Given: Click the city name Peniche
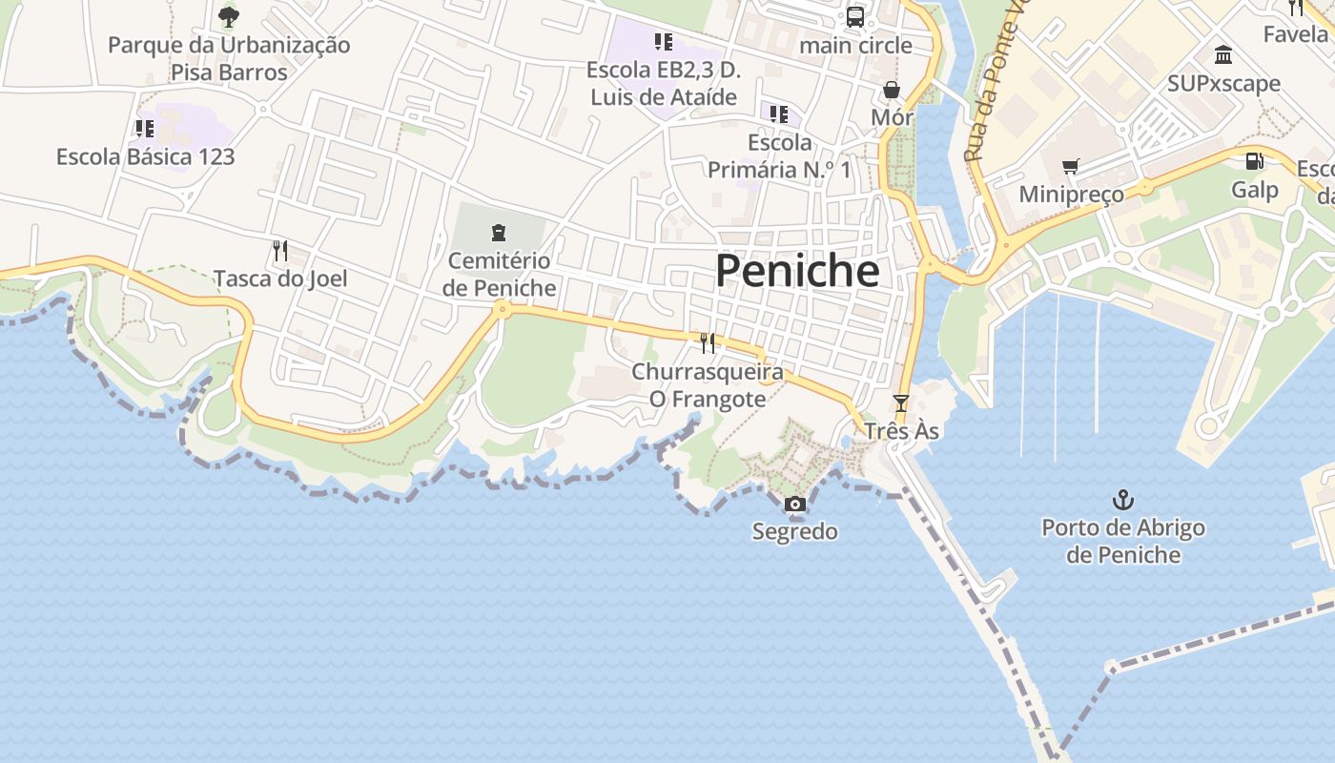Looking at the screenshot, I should point(797,271).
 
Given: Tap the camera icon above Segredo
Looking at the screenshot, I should point(794,505).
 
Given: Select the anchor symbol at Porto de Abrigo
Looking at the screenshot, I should point(1123,500).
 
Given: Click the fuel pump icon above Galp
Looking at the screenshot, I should point(1254,162).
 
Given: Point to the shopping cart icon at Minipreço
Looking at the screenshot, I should point(1071,167).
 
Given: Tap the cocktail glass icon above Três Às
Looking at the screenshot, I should point(901,403).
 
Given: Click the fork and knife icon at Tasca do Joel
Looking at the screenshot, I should point(279,251).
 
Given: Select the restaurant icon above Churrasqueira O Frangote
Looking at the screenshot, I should point(708,343).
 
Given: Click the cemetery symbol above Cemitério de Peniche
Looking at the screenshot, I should point(498,233).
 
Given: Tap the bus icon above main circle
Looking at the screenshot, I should point(855,17).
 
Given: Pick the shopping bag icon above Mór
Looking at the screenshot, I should point(892,90).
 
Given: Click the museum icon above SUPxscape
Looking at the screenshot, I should point(1223,55).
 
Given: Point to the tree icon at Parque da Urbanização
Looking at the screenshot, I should point(228,16).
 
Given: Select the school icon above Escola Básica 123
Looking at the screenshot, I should point(145,129).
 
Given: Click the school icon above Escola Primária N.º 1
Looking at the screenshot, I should point(779,115).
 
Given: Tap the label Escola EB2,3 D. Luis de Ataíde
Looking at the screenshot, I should point(664,83).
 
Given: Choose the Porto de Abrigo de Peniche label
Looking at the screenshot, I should point(1123,541).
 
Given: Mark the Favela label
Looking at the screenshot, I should point(1295,34).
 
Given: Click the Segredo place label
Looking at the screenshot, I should point(795,531).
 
